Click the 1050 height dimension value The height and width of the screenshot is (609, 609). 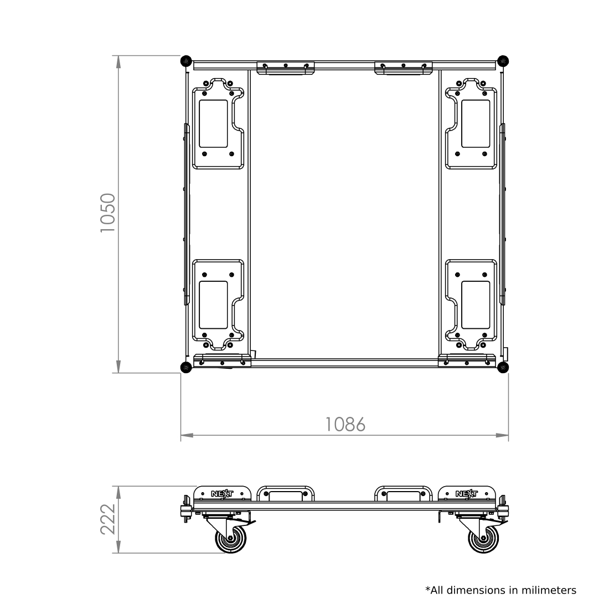click(x=108, y=213)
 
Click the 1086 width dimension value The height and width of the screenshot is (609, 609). click(x=345, y=425)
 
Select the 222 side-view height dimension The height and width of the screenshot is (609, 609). click(x=108, y=519)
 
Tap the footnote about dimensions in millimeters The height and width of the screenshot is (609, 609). click(x=501, y=591)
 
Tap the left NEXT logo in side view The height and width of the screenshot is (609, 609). click(x=222, y=494)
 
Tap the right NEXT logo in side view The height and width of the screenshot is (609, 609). click(x=467, y=494)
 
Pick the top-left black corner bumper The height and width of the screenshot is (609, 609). click(x=186, y=61)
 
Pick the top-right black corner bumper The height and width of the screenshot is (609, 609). click(x=503, y=61)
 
